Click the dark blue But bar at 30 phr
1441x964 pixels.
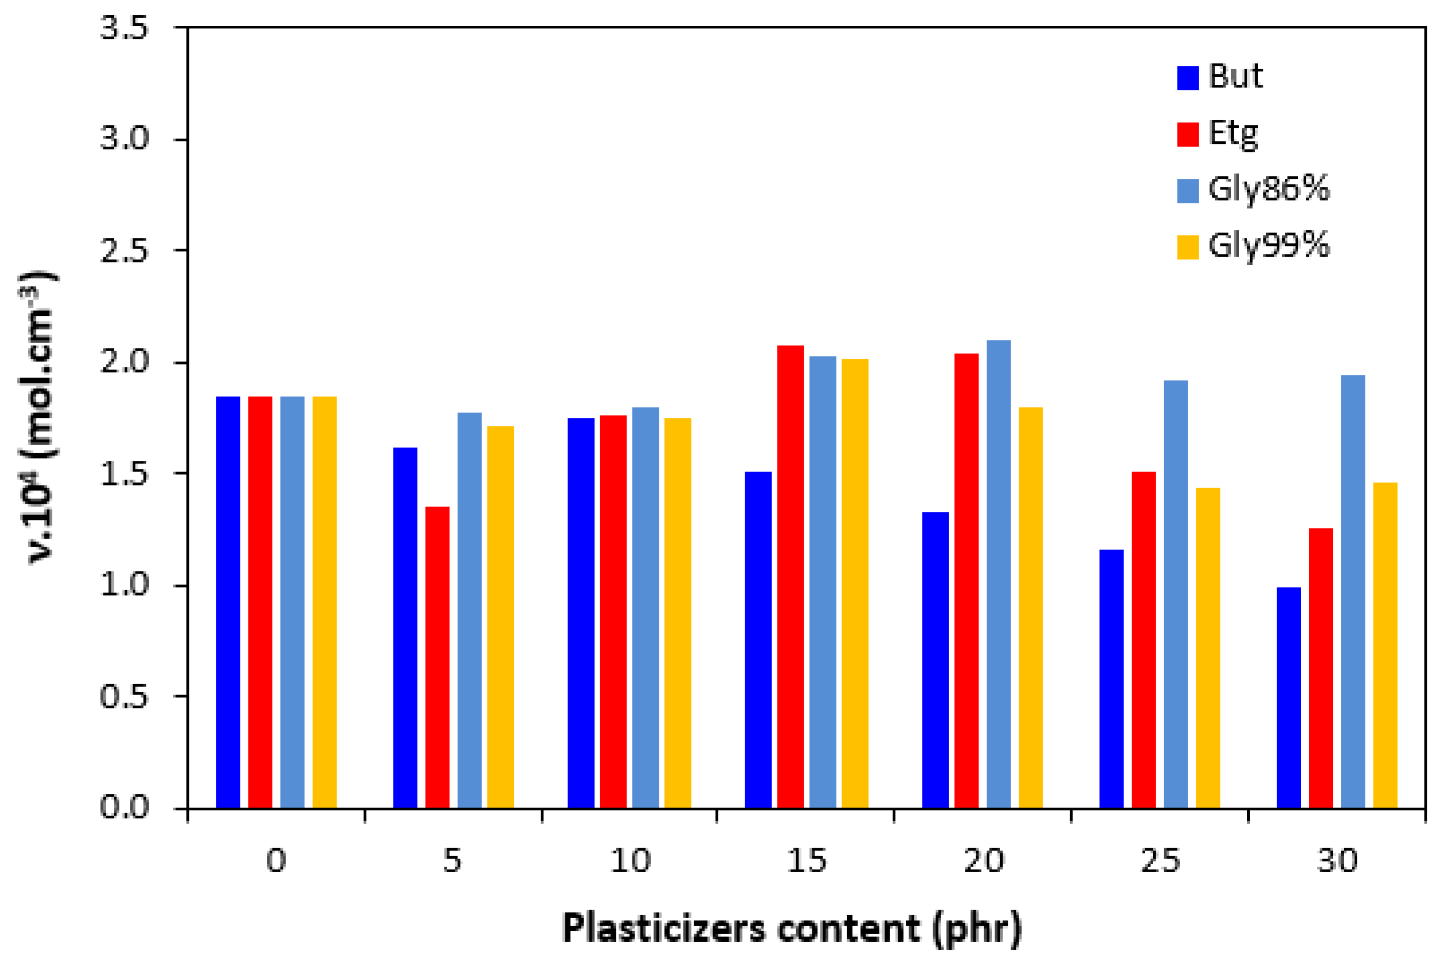pos(1288,697)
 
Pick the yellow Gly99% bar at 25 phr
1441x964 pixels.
pos(1207,648)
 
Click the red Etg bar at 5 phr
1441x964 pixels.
pos(437,657)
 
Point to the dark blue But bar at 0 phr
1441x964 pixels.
pos(228,602)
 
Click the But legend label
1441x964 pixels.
pos(1235,77)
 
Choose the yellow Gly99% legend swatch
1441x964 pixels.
pos(1187,247)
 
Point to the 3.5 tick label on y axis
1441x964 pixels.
pos(124,28)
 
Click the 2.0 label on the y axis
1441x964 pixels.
pos(124,362)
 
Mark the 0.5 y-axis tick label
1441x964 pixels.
pos(124,697)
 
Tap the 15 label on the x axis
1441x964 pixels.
pos(806,861)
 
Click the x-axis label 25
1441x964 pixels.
pos(1160,861)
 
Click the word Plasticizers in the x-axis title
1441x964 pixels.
pos(664,929)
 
